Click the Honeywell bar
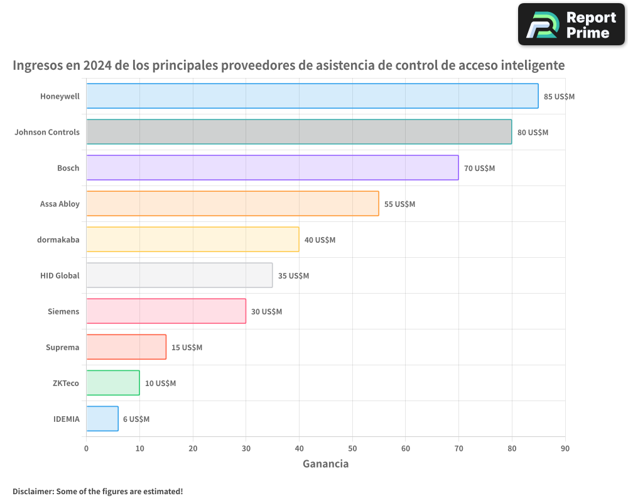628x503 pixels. pos(312,96)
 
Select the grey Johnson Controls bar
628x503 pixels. pos(299,132)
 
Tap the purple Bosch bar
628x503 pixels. pos(272,168)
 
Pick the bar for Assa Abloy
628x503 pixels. pos(232,204)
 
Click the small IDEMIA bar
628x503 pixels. pos(102,419)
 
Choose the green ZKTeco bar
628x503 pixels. pos(112,383)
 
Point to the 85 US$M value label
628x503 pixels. pos(559,97)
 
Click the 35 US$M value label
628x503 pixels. pos(293,276)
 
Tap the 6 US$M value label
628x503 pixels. pos(136,419)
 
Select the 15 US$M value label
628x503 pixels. pos(187,348)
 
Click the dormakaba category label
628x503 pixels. pos(58,240)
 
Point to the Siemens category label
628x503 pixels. pos(63,311)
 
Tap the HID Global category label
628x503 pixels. pos(60,275)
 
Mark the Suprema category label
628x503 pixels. pos(62,347)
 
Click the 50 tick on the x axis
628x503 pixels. pos(352,448)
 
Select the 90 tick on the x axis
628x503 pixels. pos(565,448)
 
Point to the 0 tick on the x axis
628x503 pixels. pos(86,448)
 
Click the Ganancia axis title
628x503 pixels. pos(325,464)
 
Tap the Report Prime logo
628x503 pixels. pos(571,25)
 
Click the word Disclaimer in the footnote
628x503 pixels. pos(33,491)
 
